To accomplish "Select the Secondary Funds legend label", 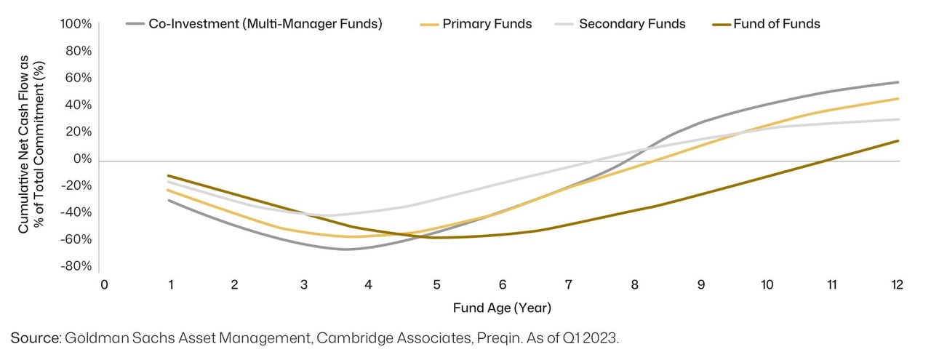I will pyautogui.click(x=632, y=24).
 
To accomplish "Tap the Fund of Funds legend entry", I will pyautogui.click(x=775, y=24).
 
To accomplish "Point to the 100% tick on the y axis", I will pyautogui.click(x=76, y=24).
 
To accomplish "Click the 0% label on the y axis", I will pyautogui.click(x=83, y=159).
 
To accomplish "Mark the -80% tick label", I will pyautogui.click(x=76, y=266).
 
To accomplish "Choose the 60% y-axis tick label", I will pyautogui.click(x=79, y=78).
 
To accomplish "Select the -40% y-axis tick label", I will pyautogui.click(x=76, y=212).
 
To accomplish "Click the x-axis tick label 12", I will pyautogui.click(x=897, y=284).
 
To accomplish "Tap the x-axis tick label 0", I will pyautogui.click(x=104, y=284).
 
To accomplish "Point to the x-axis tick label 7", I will pyautogui.click(x=568, y=284).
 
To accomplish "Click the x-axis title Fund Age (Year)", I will pyautogui.click(x=502, y=308).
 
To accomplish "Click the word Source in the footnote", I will pyautogui.click(x=35, y=337).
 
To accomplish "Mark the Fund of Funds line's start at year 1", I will pyautogui.click(x=169, y=175).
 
